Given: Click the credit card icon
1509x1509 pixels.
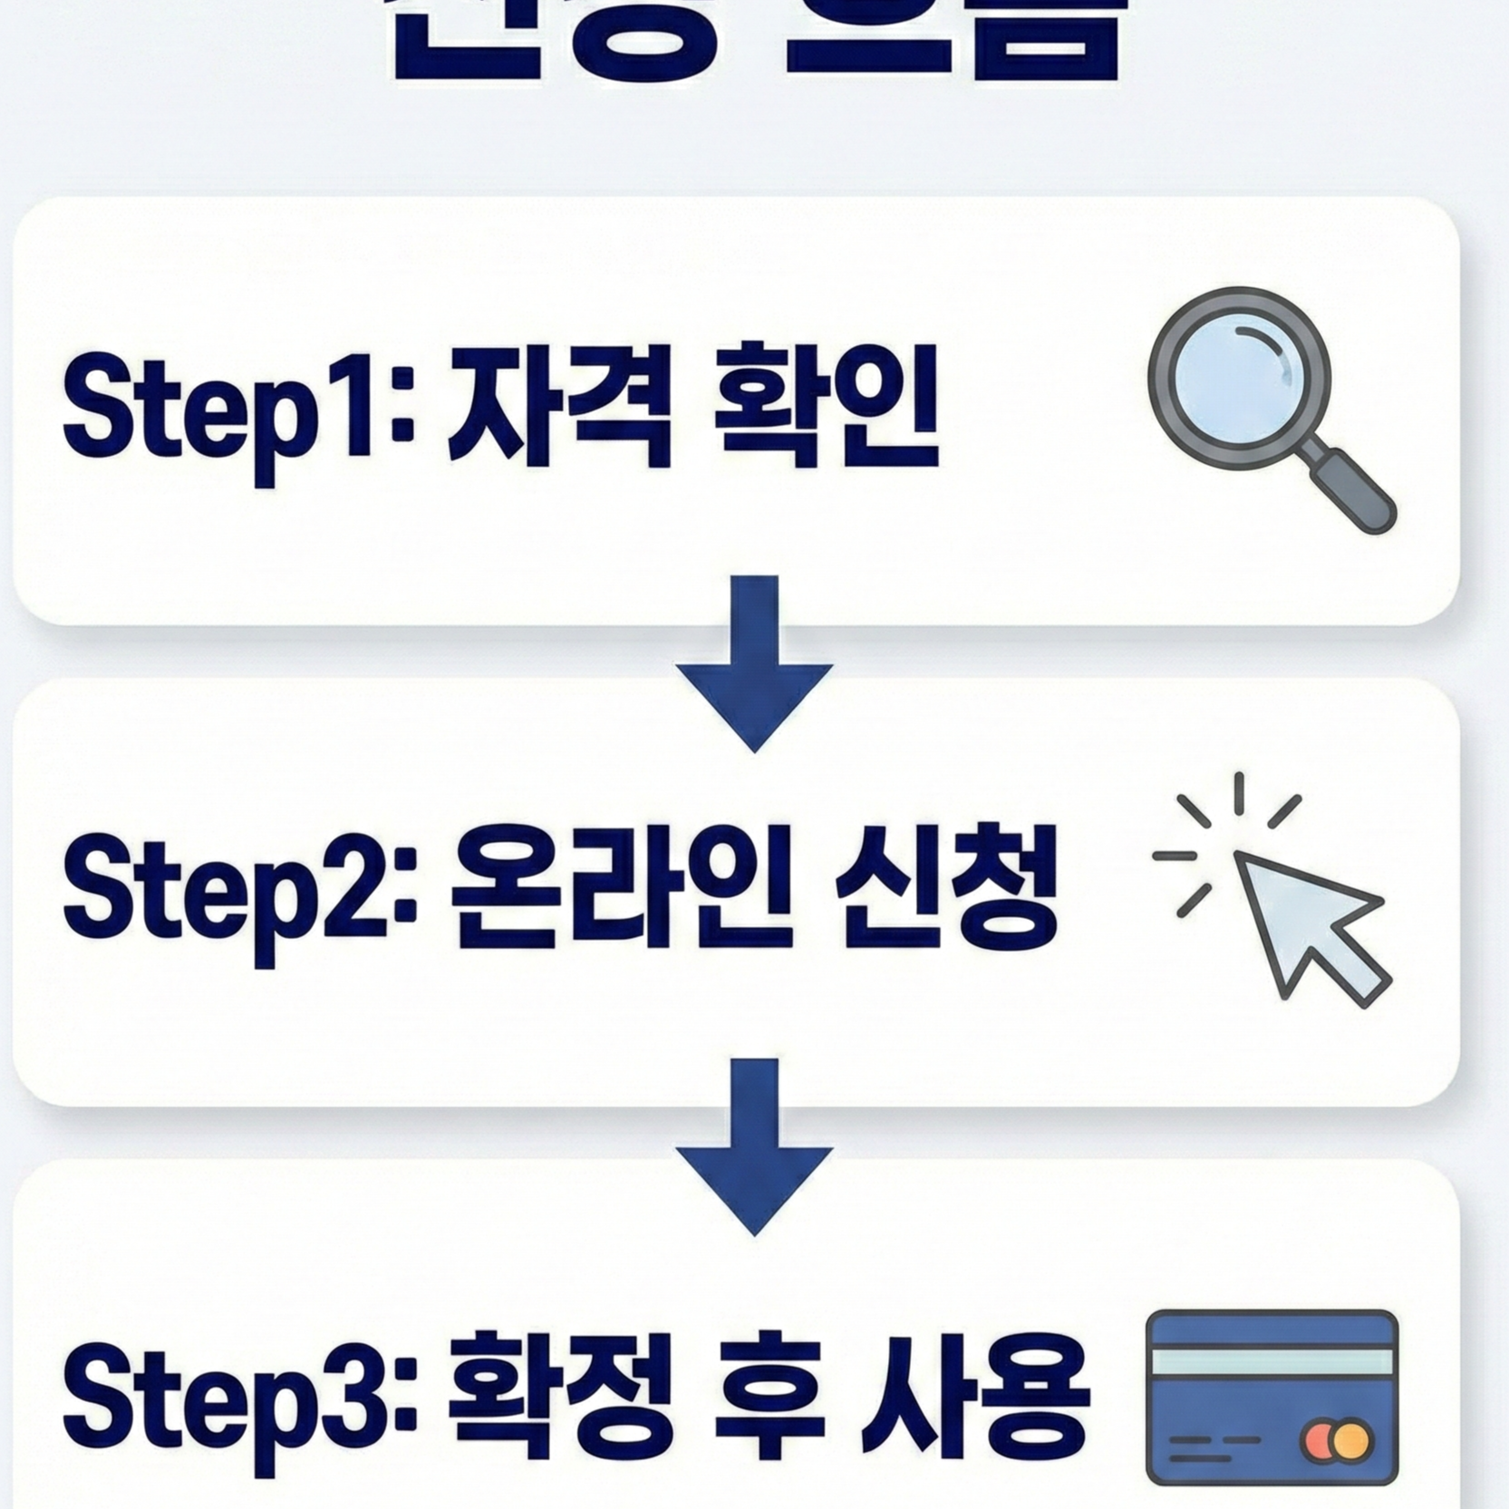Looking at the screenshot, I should click(1272, 1397).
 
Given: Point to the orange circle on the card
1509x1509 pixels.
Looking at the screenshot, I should click(1353, 1439).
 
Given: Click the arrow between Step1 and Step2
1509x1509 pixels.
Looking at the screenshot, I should click(754, 666).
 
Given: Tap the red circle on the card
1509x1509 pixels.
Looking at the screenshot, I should click(1320, 1439).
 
